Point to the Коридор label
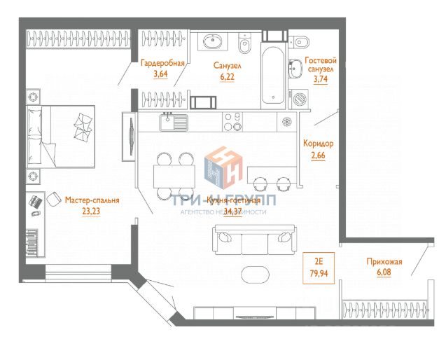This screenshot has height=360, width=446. pos(318,144)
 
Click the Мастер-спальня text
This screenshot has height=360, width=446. pos(91,200)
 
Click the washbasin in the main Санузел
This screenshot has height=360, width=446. pos(211,43)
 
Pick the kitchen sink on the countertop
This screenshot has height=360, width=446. pos(173,122)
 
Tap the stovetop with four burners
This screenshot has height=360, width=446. pos(234,121)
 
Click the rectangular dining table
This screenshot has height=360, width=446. pos(174,175)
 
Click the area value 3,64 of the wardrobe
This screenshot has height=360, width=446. pos(162,74)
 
